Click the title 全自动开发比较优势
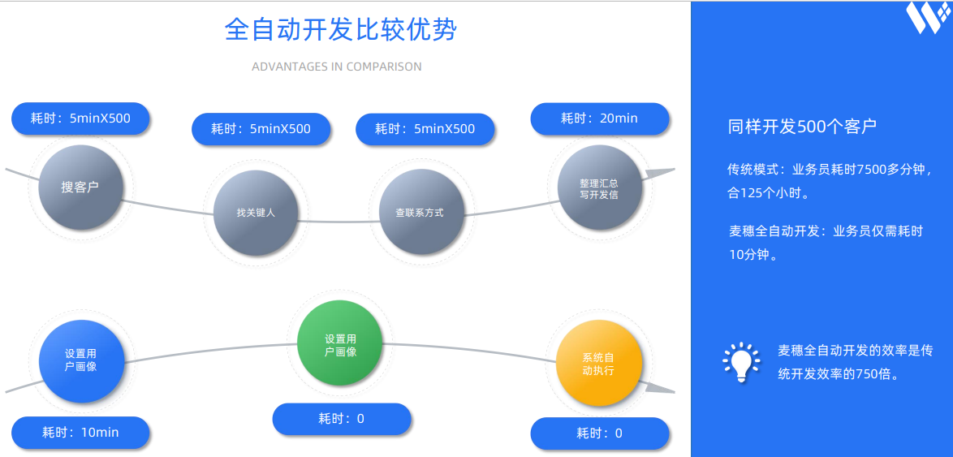341,30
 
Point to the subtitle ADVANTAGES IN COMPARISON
336,67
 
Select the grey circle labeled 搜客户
80,188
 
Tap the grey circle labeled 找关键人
256,213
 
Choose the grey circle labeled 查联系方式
420,213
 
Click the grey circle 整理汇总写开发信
599,188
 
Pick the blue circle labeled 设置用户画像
81,360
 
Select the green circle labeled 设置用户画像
339,343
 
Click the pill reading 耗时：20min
599,119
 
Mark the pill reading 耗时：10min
80,433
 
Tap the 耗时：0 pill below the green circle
341,419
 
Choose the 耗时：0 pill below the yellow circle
599,433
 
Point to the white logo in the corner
927,18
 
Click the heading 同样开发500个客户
802,127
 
